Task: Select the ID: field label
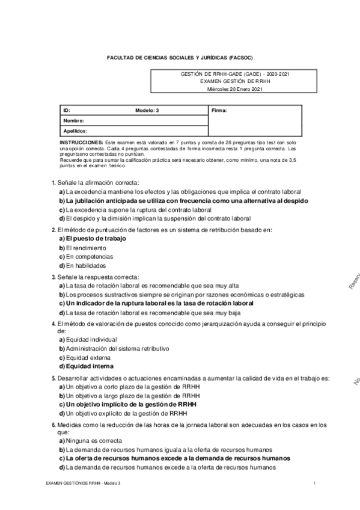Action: tap(67, 111)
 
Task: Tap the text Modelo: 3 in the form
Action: tap(148, 111)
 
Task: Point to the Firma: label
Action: tap(219, 111)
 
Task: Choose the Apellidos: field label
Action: tap(76, 130)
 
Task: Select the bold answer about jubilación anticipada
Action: tap(183, 200)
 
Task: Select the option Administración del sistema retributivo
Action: tap(114, 348)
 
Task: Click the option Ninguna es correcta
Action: tap(91, 440)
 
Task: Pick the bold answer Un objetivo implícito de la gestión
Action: tap(127, 404)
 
